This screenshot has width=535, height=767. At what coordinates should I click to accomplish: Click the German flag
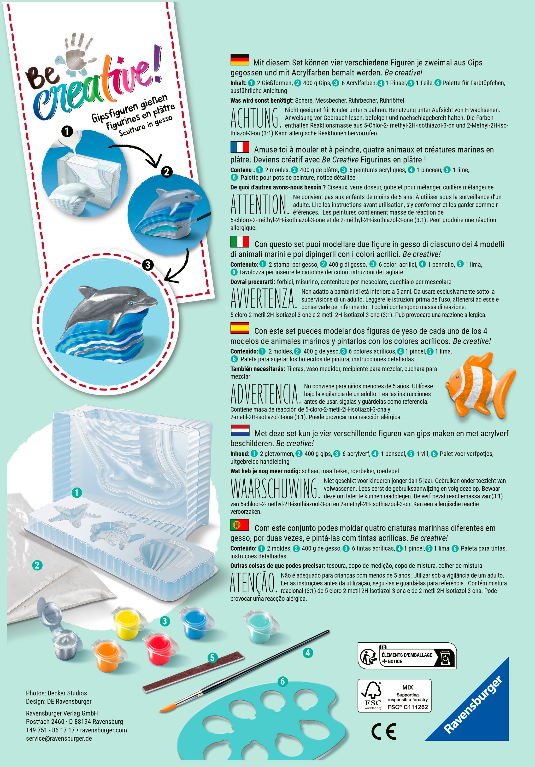point(240,59)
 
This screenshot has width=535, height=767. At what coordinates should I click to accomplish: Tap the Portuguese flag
point(240,525)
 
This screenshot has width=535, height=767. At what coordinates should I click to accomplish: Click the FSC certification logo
point(394,696)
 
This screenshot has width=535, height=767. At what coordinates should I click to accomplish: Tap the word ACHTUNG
point(256,118)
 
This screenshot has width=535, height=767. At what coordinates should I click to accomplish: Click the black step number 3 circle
point(148,265)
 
